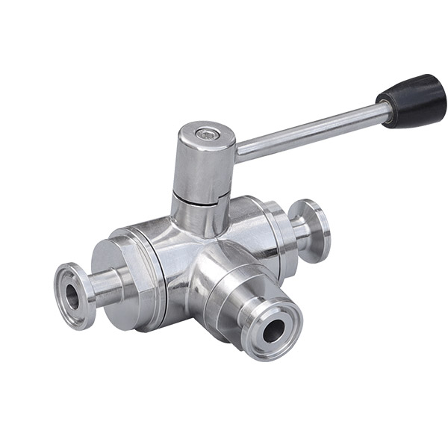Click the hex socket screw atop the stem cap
[x=207, y=135]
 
